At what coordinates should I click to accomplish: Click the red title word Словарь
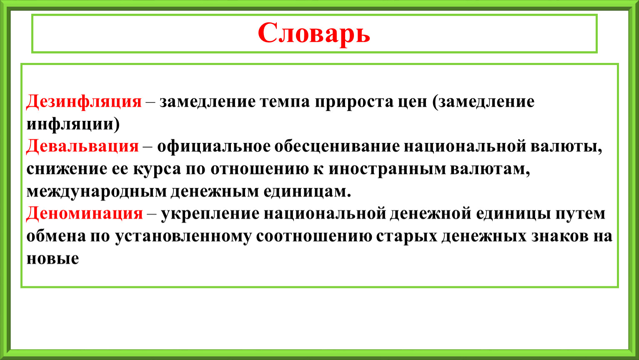314,33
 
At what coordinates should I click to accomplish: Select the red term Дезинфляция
84,102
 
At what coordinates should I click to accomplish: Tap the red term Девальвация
82,147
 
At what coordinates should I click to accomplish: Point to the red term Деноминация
84,214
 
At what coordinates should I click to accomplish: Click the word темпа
285,102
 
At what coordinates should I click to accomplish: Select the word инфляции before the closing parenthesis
70,124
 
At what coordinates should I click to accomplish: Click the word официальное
213,147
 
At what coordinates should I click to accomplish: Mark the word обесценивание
337,147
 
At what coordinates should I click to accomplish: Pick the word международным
96,192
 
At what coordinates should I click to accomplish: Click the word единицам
307,192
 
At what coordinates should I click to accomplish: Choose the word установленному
183,236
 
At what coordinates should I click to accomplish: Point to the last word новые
53,259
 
